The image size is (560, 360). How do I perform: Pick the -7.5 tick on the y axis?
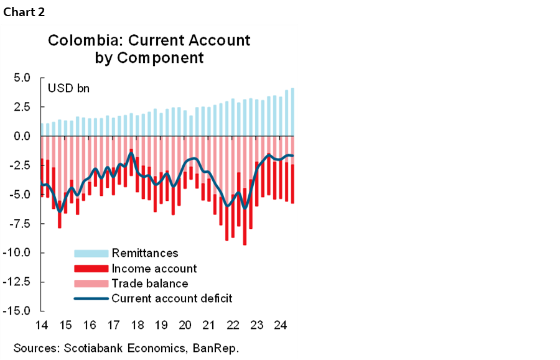pos(19,224)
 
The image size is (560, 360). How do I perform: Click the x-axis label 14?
pos(42,325)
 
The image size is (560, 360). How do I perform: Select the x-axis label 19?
pos(161,325)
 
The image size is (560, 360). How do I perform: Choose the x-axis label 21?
pos(208,325)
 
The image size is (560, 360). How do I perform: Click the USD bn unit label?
pos(69,88)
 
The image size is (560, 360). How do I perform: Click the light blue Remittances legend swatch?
pos(91,253)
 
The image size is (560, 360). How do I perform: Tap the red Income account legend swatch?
pos(91,269)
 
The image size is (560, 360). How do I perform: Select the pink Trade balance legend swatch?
pos(91,284)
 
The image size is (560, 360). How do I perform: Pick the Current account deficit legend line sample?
pos(91,298)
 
